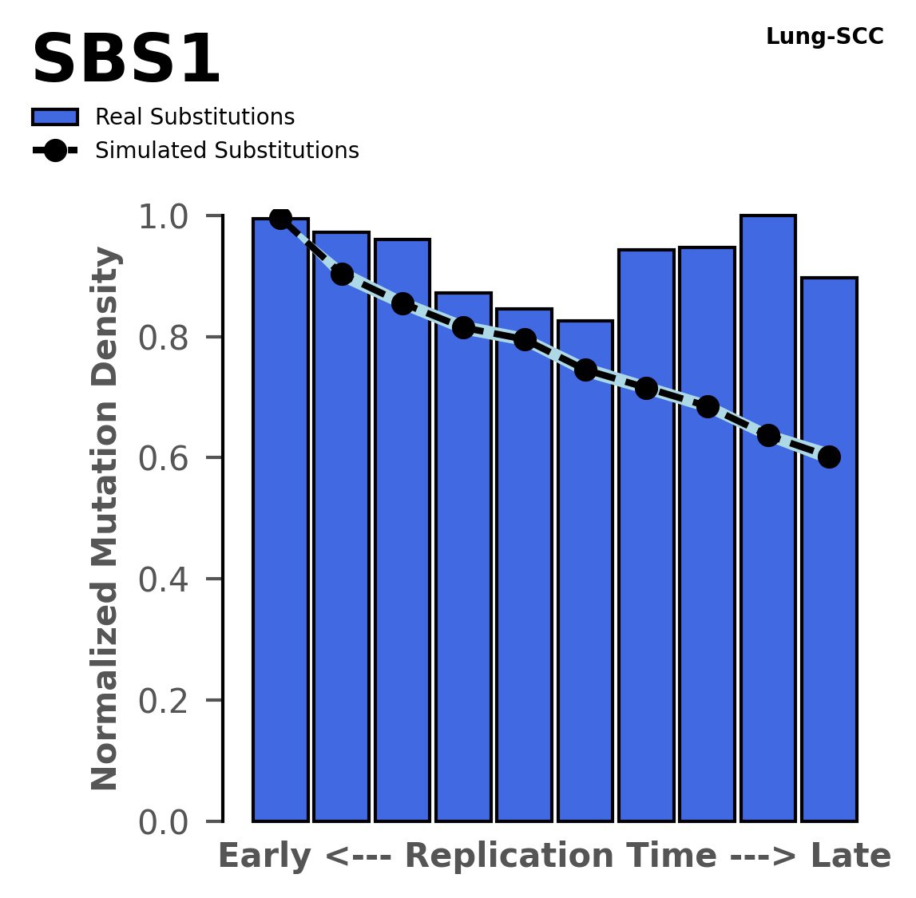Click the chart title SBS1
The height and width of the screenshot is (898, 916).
point(125,60)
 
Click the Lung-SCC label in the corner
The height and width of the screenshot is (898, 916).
point(824,37)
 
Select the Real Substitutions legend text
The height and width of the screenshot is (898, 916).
point(195,117)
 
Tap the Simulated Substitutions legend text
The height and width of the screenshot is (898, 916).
point(227,151)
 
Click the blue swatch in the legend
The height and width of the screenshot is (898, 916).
point(54,117)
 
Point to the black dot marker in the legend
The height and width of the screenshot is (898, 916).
point(54,151)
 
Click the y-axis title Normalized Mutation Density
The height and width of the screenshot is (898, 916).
point(105,519)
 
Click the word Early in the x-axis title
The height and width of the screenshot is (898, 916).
point(264,856)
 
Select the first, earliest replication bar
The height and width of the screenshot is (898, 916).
point(280,519)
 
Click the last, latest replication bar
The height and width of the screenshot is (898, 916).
point(829,551)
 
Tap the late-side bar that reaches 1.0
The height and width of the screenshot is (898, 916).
point(767,519)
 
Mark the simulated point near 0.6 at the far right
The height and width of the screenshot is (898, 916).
point(829,457)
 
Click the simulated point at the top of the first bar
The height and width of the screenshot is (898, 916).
point(280,218)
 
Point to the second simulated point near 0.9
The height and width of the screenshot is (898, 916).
point(342,275)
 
